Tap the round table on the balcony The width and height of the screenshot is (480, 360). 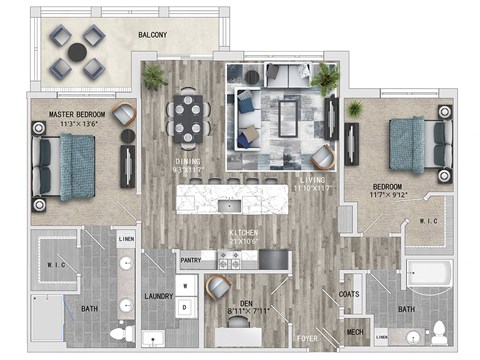[77, 52]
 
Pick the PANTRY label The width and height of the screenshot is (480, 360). [191, 259]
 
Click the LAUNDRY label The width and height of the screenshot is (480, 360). [159, 296]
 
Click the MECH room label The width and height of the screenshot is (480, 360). [354, 332]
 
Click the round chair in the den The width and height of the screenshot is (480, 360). [217, 289]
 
